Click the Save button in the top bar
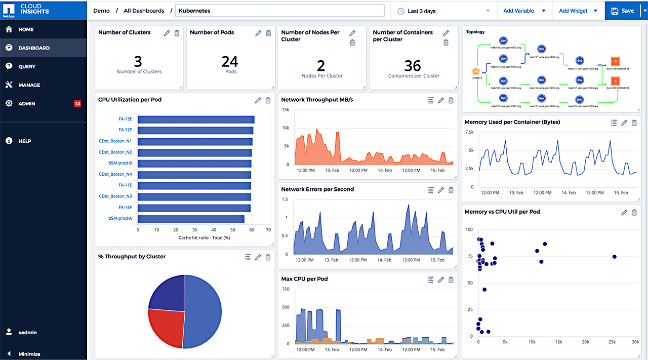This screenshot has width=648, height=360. click(x=622, y=11)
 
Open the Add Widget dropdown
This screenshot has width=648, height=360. click(x=578, y=11)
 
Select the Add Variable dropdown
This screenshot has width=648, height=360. click(x=523, y=11)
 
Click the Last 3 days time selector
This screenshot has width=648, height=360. click(x=443, y=11)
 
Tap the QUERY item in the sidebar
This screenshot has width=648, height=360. click(x=27, y=66)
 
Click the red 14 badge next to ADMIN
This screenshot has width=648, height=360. click(x=77, y=104)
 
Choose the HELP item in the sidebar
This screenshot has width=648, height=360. click(x=25, y=141)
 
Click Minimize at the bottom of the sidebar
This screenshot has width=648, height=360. click(x=29, y=354)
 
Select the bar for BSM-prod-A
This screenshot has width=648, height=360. click(x=191, y=219)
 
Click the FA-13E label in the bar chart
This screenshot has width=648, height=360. click(x=125, y=119)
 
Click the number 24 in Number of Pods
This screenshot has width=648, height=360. click(x=229, y=62)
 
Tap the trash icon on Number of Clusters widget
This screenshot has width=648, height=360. click(x=177, y=33)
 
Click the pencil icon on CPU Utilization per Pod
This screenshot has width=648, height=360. click(x=258, y=100)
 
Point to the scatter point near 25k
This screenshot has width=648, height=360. click(x=614, y=257)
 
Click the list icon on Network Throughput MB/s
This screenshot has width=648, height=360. click(x=431, y=100)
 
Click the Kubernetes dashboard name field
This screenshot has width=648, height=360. click(x=279, y=11)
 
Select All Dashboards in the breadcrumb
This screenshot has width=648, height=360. click(x=144, y=11)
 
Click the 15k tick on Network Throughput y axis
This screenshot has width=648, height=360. click(x=285, y=110)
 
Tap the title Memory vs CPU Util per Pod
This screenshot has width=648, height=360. click(x=502, y=212)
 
